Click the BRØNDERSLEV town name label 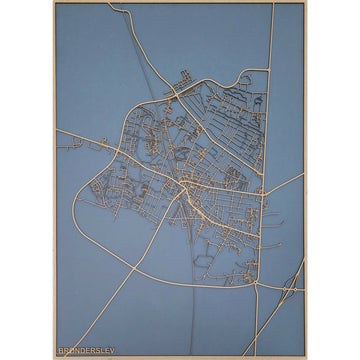pyautogui.click(x=87, y=350)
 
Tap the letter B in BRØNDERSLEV pyautogui.click(x=62, y=350)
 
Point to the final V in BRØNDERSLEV pyautogui.click(x=112, y=350)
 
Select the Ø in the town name pyautogui.click(x=72, y=350)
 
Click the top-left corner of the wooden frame pyautogui.click(x=54, y=2)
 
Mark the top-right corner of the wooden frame pyautogui.click(x=306, y=2)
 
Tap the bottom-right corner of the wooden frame pyautogui.click(x=306, y=357)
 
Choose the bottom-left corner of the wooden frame pyautogui.click(x=54, y=357)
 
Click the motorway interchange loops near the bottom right pyautogui.click(x=290, y=289)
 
